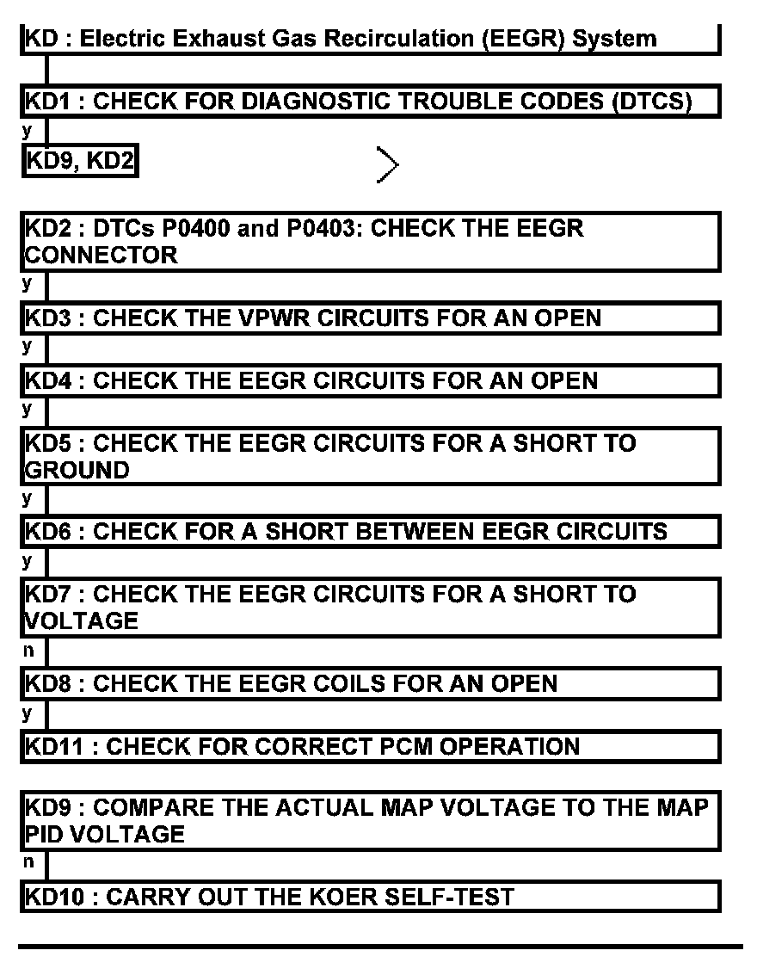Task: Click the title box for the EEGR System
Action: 370,39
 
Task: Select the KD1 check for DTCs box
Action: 370,102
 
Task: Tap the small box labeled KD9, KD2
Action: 80,161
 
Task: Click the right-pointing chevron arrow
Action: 387,164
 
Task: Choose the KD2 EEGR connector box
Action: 370,242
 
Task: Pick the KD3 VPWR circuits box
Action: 370,318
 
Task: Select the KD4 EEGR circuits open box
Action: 370,380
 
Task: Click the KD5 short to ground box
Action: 370,456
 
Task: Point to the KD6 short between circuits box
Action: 370,531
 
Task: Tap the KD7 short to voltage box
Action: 370,607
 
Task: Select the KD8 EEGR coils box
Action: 370,683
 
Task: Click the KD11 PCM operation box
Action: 370,746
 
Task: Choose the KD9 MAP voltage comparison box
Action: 370,821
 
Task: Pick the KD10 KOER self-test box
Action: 370,897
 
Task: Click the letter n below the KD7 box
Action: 29,651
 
